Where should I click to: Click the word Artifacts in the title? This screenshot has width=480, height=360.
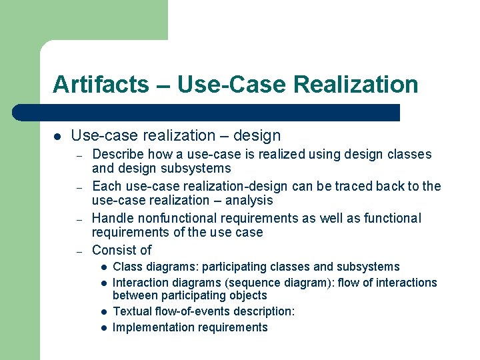click(x=101, y=85)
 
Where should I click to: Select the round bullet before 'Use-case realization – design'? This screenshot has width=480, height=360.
click(x=57, y=136)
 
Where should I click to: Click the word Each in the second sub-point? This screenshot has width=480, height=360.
click(x=105, y=186)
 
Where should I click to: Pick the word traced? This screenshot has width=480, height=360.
click(x=355, y=186)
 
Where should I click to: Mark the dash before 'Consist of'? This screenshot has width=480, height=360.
click(x=79, y=251)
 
